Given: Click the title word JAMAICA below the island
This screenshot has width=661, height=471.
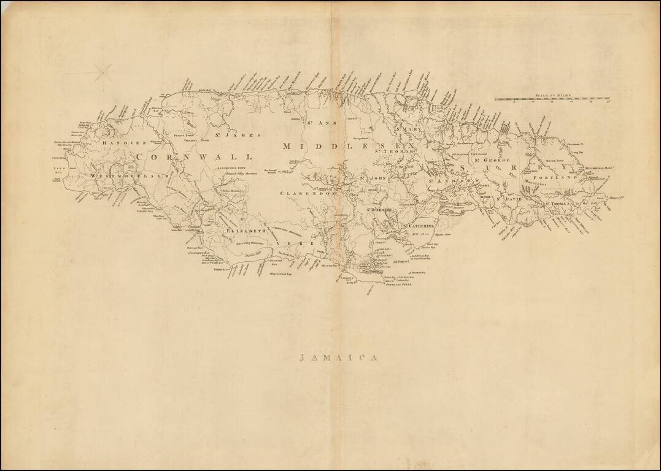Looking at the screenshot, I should [x=338, y=358].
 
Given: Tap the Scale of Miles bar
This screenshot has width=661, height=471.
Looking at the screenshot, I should [x=552, y=98].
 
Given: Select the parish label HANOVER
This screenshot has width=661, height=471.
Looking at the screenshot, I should [x=125, y=143].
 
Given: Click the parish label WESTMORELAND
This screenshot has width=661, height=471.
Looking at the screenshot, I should [x=129, y=176].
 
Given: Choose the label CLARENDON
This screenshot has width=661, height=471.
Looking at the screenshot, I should [x=306, y=193].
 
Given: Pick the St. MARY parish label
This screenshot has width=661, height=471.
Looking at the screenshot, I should [x=409, y=129].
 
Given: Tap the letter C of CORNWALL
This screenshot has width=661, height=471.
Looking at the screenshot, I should [x=141, y=157].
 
